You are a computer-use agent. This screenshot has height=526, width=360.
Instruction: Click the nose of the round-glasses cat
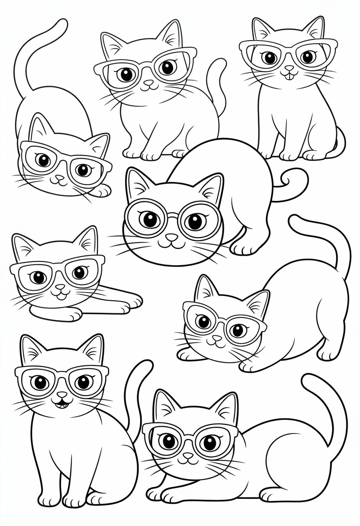click(172, 237)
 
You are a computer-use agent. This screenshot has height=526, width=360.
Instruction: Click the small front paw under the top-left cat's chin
click(102, 190)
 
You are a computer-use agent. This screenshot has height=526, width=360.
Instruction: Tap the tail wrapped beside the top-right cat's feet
click(339, 143)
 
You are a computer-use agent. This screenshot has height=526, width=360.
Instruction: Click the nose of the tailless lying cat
click(59, 287)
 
